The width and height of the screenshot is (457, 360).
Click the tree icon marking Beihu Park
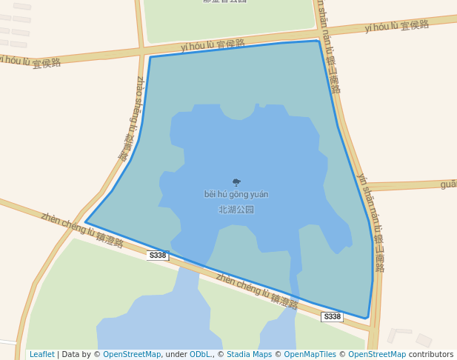(236, 182)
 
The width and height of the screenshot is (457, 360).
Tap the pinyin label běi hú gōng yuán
(236, 195)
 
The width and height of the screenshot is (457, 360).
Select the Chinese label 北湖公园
(236, 210)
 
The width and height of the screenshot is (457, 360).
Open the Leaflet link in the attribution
(42, 355)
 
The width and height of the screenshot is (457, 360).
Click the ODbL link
(200, 355)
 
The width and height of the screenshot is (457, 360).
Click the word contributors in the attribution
(431, 355)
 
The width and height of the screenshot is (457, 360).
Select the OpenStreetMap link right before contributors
(377, 355)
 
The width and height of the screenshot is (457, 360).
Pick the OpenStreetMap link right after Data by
(132, 355)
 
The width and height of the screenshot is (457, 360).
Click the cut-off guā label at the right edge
(448, 184)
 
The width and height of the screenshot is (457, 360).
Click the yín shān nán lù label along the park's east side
(370, 222)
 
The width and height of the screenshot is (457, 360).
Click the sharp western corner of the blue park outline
(86, 221)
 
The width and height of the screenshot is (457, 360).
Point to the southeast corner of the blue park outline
(366, 319)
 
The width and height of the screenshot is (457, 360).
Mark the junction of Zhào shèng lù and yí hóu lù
(141, 51)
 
